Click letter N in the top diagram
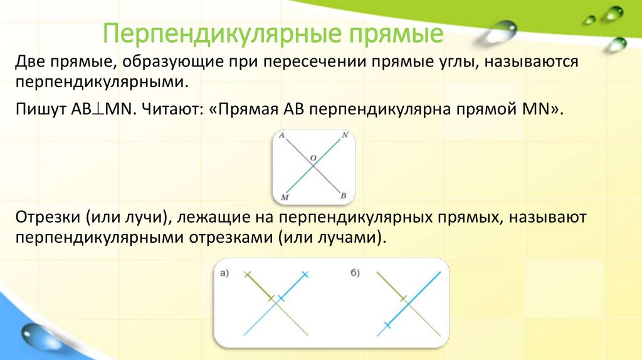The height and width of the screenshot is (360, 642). click(x=345, y=135)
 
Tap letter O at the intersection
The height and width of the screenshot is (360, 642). click(x=313, y=158)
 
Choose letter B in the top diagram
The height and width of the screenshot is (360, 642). click(x=344, y=196)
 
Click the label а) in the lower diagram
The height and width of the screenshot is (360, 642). click(x=225, y=272)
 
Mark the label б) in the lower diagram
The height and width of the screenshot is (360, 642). click(x=354, y=272)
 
